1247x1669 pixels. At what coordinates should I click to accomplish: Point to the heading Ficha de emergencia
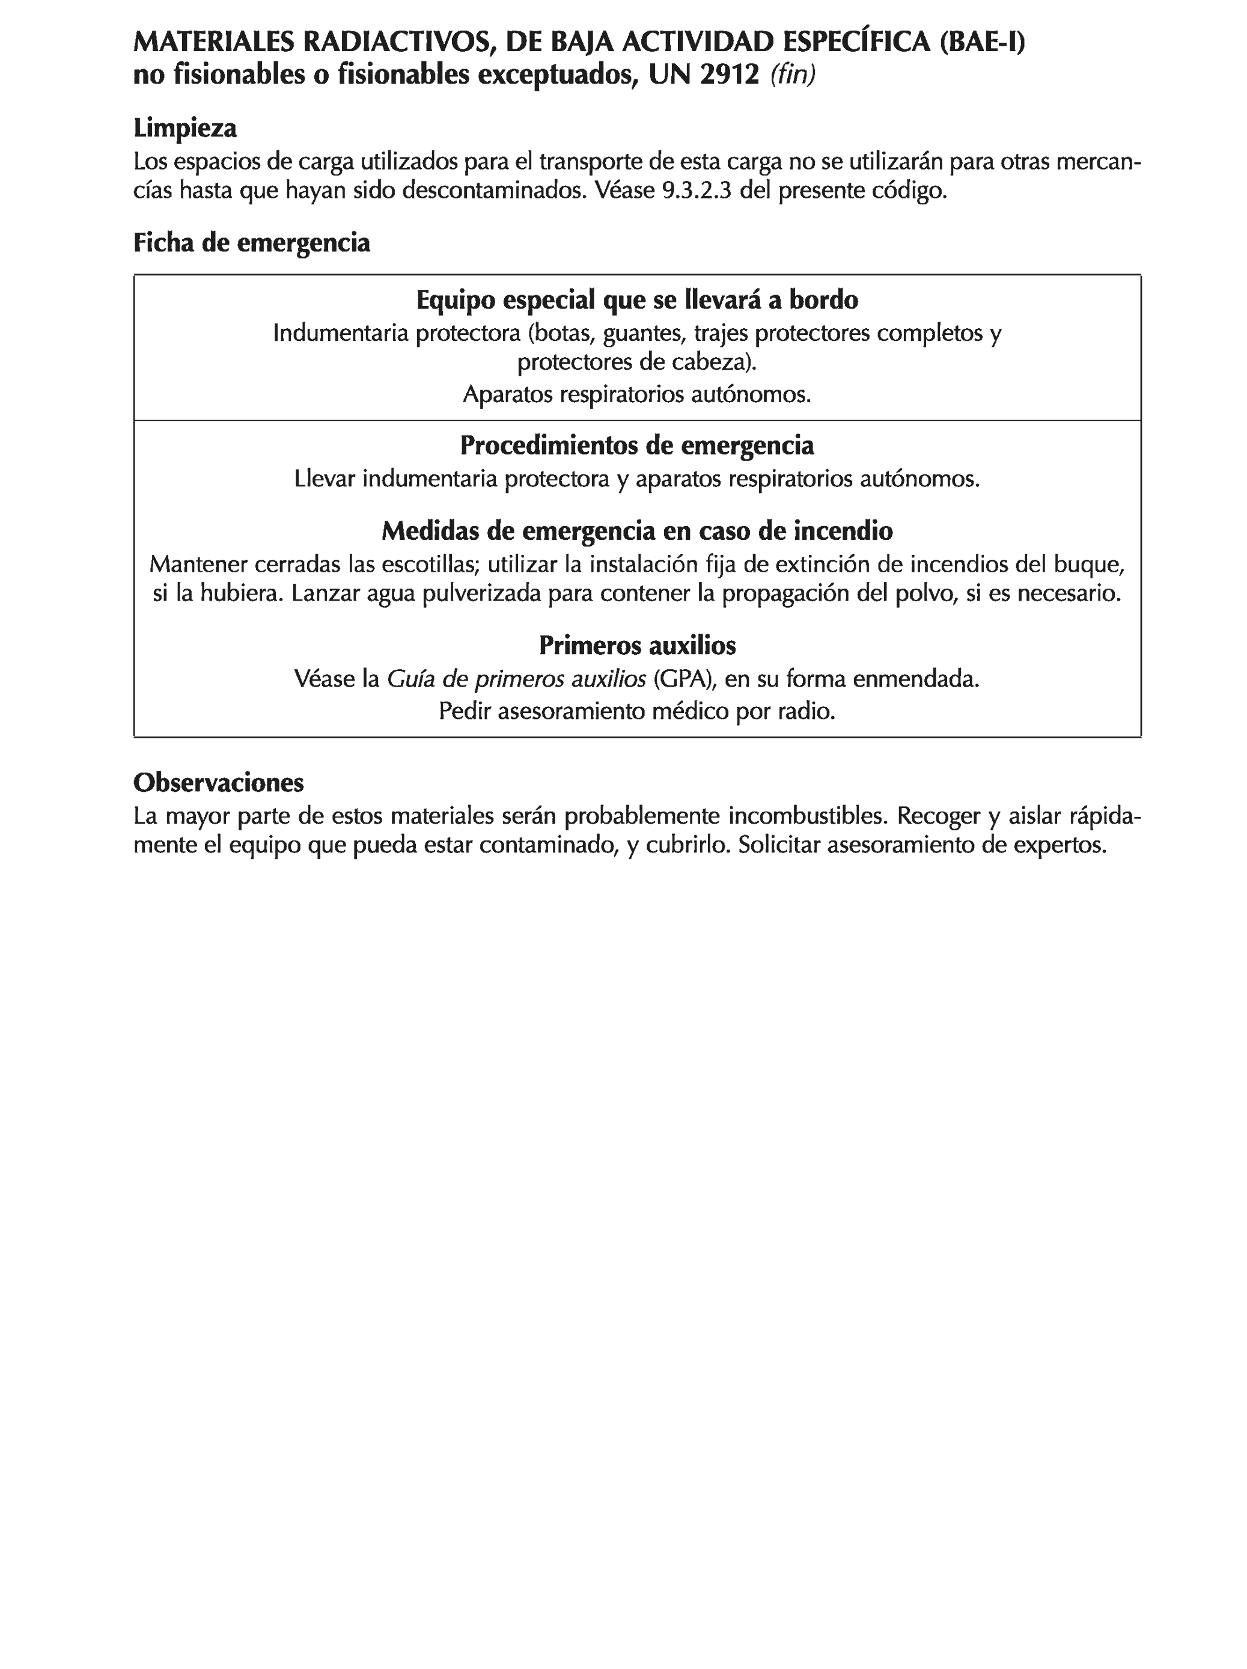(x=251, y=242)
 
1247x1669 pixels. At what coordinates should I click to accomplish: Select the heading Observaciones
(x=219, y=782)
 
